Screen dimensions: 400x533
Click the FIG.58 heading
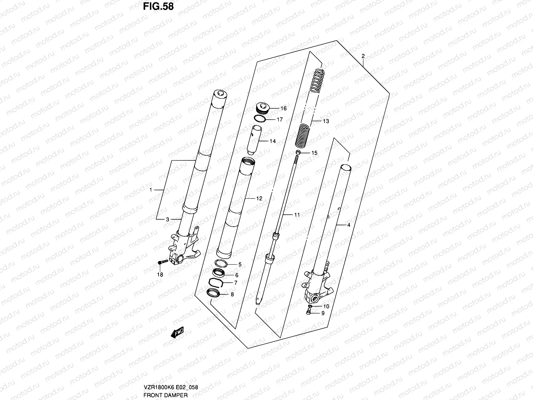click(x=158, y=6)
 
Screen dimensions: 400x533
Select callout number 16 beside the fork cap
click(x=283, y=108)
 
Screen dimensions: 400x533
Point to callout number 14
click(x=272, y=141)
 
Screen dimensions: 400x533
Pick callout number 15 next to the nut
click(x=314, y=153)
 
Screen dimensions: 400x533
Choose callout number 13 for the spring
click(x=325, y=121)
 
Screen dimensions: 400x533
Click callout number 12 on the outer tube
click(x=259, y=198)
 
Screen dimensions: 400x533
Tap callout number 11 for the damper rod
click(x=296, y=215)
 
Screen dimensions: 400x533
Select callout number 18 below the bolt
click(x=160, y=275)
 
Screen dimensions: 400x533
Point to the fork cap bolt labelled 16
click(x=262, y=109)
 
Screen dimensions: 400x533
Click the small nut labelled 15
click(x=298, y=153)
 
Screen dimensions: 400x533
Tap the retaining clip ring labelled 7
click(x=216, y=283)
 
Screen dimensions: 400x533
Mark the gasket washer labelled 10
click(x=310, y=306)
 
